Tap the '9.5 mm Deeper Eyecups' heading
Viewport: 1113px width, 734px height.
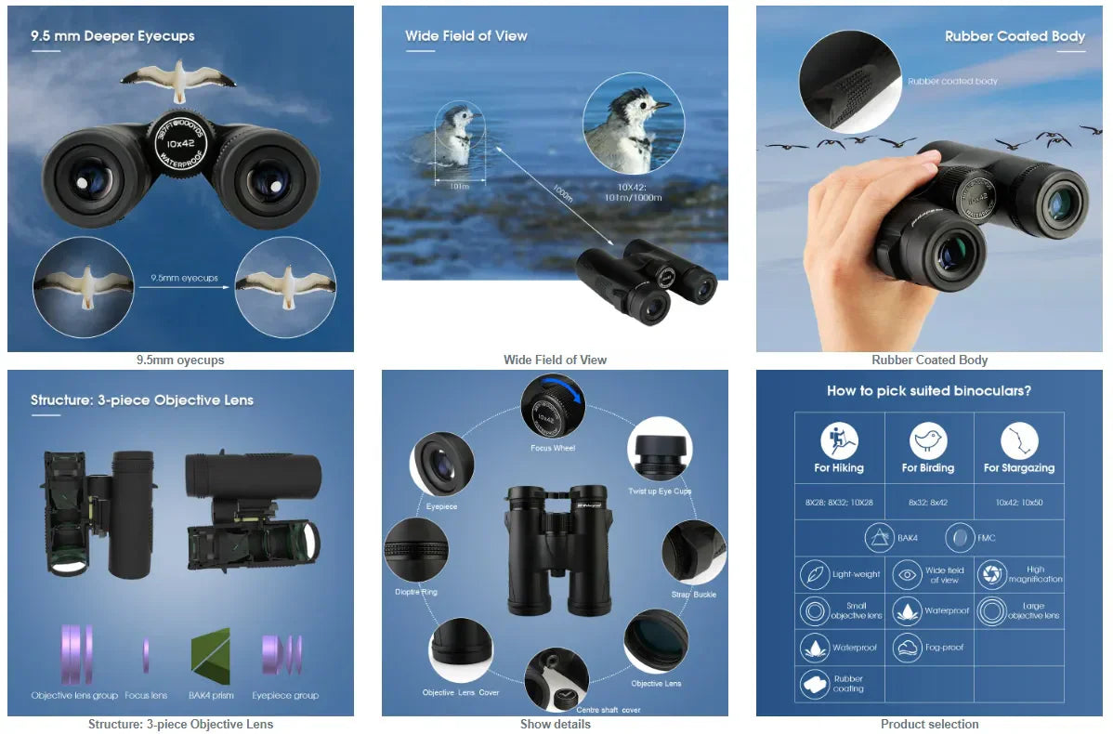[x=112, y=36]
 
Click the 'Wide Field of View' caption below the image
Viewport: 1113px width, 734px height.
[x=555, y=360]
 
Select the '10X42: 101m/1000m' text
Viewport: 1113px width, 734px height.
[x=632, y=191]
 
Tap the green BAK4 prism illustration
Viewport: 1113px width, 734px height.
[x=210, y=656]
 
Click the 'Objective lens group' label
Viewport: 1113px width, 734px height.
[x=74, y=695]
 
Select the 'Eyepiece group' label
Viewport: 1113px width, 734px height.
[x=285, y=695]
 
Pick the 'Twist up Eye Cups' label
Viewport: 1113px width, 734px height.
[x=660, y=492]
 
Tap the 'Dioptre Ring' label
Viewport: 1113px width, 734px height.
[x=416, y=592]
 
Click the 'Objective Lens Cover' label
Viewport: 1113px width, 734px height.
[x=461, y=692]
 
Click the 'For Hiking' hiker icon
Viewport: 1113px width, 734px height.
[x=839, y=440]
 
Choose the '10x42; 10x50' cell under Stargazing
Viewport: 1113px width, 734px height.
[x=1018, y=502]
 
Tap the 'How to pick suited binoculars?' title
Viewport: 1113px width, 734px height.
[x=929, y=391]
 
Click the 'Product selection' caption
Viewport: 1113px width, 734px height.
[x=929, y=724]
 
